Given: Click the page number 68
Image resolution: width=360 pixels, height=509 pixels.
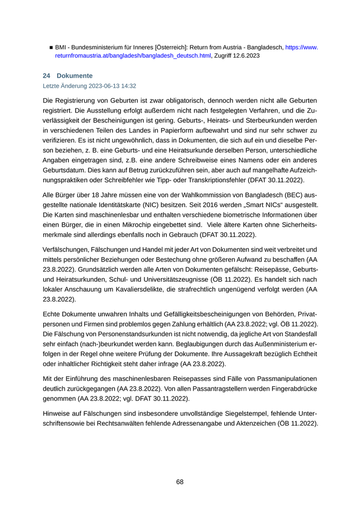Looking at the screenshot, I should coord(179,482).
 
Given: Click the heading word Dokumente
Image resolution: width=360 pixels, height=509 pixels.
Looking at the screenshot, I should coord(75,76).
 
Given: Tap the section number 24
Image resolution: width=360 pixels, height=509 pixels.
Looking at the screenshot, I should coord(46,76).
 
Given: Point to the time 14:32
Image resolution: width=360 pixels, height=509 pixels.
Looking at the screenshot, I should coord(128,86).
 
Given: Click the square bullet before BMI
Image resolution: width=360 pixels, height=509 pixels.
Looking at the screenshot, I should coord(51,47).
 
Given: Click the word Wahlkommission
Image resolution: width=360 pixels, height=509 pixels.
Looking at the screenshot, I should coord(169,196).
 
